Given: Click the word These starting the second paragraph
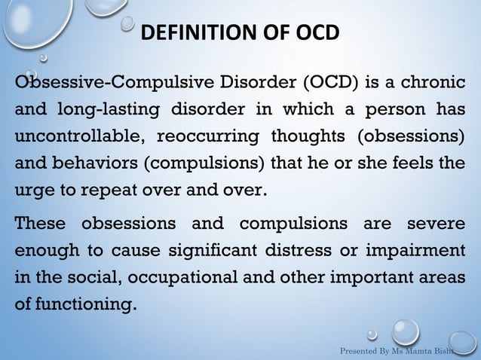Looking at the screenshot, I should tap(41, 224).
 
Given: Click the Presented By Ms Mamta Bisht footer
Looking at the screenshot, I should tap(401, 350).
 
